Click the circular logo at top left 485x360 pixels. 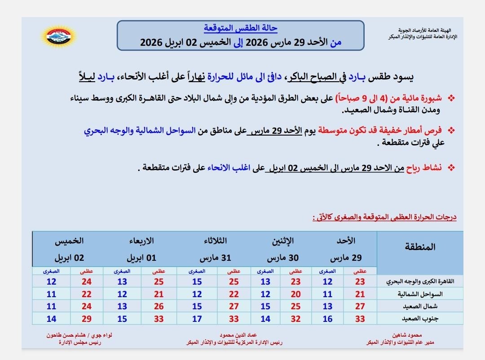tap(59, 36)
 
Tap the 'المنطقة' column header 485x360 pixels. tap(420, 246)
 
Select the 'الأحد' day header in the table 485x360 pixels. tap(345, 241)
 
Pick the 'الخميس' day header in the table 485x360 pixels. tap(69, 241)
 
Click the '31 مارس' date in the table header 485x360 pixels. tap(215, 259)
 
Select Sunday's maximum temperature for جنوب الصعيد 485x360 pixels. tap(360, 319)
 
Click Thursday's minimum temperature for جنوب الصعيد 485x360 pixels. tap(51, 319)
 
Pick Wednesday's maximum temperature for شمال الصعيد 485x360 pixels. tap(159, 307)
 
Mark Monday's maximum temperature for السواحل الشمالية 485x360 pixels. tap(295, 294)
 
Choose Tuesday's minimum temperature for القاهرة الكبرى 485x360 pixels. tap(197, 282)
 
